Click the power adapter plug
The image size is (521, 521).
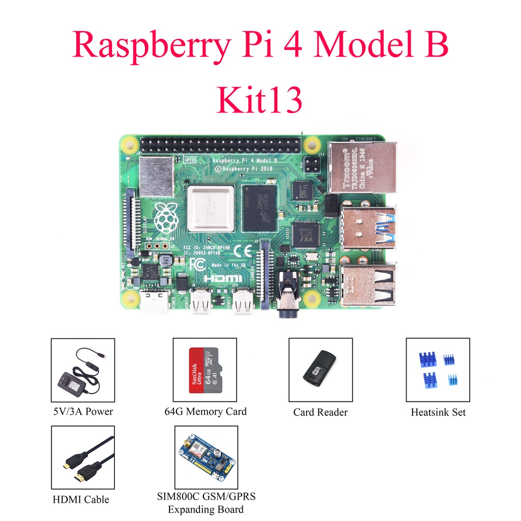click(71, 383)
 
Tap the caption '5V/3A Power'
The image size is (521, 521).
click(83, 411)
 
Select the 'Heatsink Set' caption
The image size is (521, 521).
click(438, 412)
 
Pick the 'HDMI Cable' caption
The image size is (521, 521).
click(81, 500)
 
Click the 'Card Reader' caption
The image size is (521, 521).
click(320, 412)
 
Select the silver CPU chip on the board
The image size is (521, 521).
click(210, 209)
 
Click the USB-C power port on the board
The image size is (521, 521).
click(155, 303)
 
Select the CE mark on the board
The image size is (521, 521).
click(244, 250)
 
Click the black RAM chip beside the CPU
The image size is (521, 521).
click(259, 208)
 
